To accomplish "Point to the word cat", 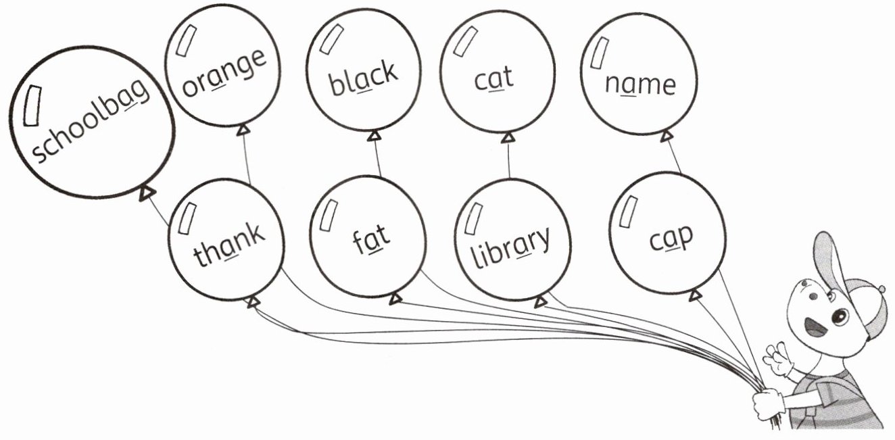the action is pyautogui.click(x=493, y=78).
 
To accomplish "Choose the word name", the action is pyautogui.click(x=639, y=84).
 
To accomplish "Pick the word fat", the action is pyautogui.click(x=371, y=237).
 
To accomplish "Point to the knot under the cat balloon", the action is pyautogui.click(x=508, y=138).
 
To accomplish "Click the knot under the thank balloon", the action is pyautogui.click(x=252, y=301).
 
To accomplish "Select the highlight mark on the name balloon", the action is pyautogui.click(x=600, y=53).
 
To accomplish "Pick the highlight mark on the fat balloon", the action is pyautogui.click(x=329, y=215).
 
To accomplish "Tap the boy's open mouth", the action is pyautogui.click(x=816, y=327).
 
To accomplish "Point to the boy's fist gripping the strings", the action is pyautogui.click(x=768, y=404).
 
